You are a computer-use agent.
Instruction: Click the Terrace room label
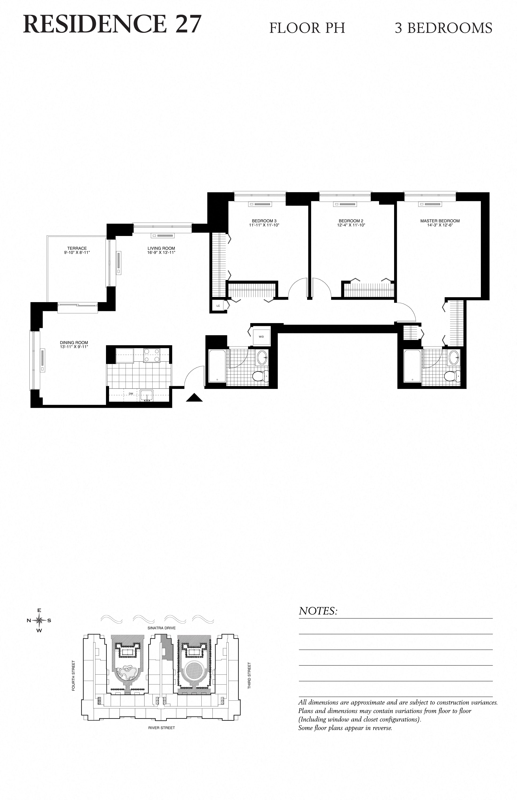[x=77, y=248]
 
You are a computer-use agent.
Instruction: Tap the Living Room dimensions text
[x=161, y=252]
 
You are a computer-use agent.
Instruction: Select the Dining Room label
[x=74, y=343]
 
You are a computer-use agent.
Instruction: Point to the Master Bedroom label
[x=440, y=221]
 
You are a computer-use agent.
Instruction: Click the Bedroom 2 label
[x=351, y=221]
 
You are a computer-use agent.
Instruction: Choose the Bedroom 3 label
[x=264, y=221]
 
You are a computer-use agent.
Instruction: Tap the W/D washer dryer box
[x=261, y=336]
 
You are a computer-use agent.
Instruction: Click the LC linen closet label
[x=218, y=306]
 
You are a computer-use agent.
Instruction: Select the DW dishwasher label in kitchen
[x=131, y=394]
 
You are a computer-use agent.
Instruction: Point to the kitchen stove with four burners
[x=152, y=356]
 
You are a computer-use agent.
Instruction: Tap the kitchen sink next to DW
[x=146, y=396]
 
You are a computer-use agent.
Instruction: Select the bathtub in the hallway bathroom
[x=217, y=366]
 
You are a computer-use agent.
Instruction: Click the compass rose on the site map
[x=39, y=620]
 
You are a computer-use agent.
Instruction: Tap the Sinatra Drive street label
[x=161, y=628]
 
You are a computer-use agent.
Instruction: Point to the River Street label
[x=161, y=728]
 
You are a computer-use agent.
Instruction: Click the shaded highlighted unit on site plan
[x=167, y=647]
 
